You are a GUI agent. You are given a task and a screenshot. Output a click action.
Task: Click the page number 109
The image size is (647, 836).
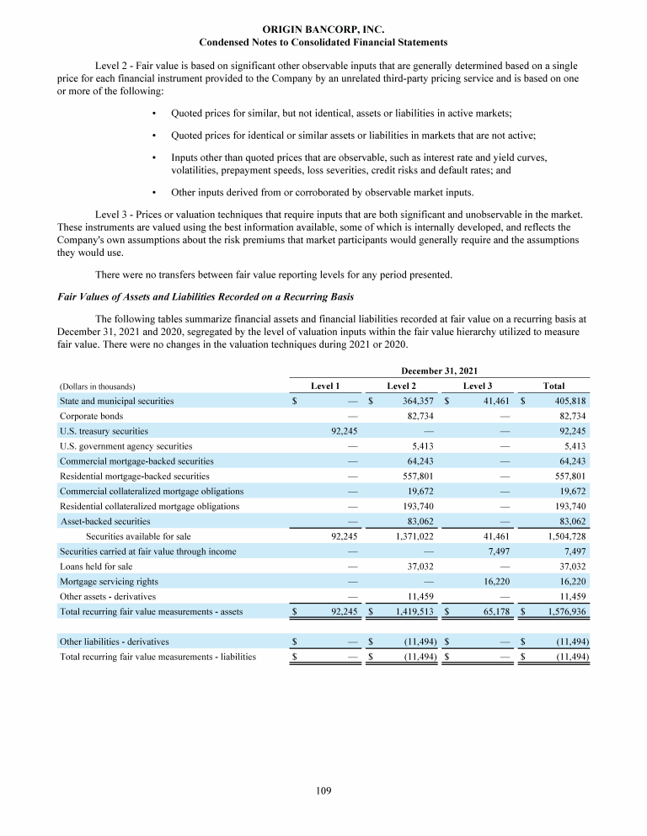pos(323,791)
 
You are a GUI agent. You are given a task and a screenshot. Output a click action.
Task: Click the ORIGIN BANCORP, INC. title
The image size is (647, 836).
pos(323,29)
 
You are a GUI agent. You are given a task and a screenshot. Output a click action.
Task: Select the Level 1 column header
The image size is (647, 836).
pos(325,386)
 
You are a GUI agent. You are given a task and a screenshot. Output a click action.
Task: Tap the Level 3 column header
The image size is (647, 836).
pos(479,386)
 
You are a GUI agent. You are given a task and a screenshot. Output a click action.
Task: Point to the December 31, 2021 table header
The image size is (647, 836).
pos(439,370)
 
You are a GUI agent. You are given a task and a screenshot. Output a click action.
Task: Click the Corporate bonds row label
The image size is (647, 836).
pos(92,416)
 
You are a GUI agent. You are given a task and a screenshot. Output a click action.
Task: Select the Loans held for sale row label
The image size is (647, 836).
pos(94,567)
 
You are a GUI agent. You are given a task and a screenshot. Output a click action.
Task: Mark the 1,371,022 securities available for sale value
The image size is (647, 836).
pos(411,536)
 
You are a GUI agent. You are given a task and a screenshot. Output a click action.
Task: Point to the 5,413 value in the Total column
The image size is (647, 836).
pos(572,446)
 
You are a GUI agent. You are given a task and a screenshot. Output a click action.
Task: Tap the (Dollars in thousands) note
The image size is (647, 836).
pos(98,386)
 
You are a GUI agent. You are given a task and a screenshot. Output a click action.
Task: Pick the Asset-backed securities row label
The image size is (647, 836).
pos(105,521)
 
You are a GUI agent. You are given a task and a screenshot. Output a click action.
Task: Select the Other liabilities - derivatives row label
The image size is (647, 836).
pos(115,642)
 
